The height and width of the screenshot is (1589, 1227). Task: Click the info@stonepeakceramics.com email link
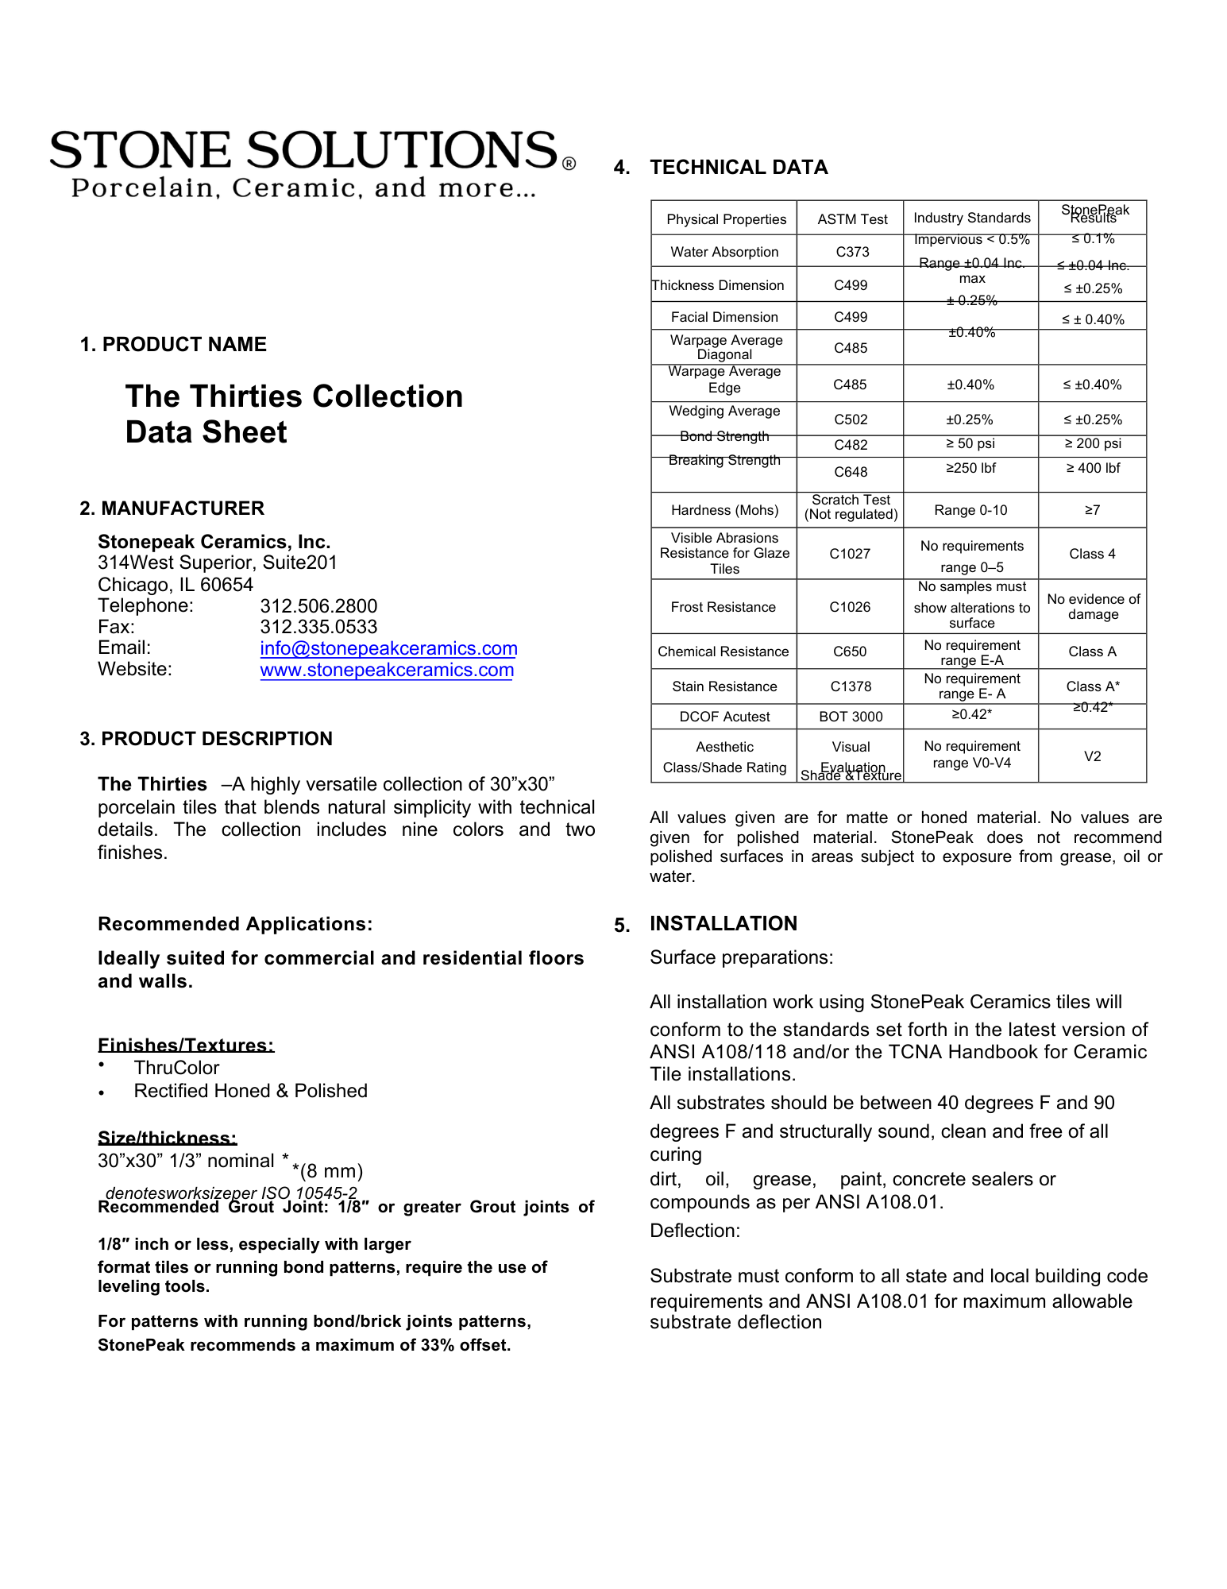[388, 648]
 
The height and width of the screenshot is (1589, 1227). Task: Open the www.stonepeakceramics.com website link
[387, 670]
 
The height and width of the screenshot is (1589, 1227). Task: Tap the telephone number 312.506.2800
[318, 606]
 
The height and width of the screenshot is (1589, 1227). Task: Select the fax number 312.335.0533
[318, 627]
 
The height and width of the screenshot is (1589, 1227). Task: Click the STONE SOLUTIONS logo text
[304, 150]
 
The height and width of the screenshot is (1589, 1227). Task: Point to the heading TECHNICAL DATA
[739, 168]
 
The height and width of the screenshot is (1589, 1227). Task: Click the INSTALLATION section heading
[723, 923]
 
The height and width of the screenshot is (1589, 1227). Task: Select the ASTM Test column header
[852, 219]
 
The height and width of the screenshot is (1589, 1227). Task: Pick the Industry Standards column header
[971, 218]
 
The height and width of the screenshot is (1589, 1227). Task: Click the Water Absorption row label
[724, 252]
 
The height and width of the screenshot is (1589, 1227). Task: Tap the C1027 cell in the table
[850, 554]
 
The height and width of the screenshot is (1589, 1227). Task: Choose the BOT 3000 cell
[851, 717]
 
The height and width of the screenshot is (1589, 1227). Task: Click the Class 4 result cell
[1092, 554]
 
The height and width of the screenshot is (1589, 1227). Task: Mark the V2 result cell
[1092, 756]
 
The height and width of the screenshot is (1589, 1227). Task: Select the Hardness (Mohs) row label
[724, 510]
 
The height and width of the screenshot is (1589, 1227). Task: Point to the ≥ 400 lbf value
[1093, 468]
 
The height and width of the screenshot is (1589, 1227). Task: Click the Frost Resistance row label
[723, 607]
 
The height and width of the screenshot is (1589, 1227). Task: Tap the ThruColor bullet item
[176, 1068]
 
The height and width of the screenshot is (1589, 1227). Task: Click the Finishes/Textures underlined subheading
[186, 1046]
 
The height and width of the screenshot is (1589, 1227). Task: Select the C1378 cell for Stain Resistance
[851, 686]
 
